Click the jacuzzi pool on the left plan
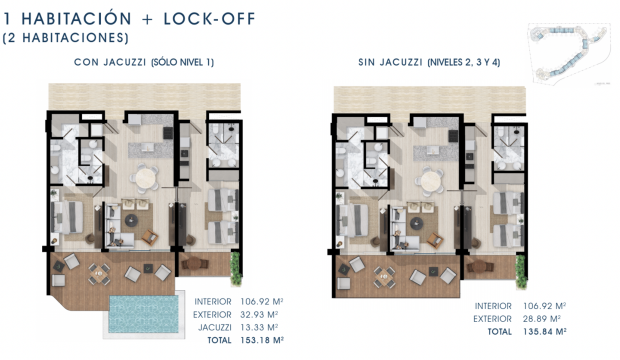143,314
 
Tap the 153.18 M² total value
262,340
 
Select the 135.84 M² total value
544,331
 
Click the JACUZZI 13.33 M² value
259,327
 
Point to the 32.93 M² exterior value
259,314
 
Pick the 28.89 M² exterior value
541,319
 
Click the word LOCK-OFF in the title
209,19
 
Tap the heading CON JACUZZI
110,62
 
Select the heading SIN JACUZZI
390,62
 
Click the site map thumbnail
569,54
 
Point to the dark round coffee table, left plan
131,220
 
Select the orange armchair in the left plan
149,237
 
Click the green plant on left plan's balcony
236,268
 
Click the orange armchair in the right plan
435,240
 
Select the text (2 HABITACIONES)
66,38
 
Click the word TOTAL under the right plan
499,331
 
